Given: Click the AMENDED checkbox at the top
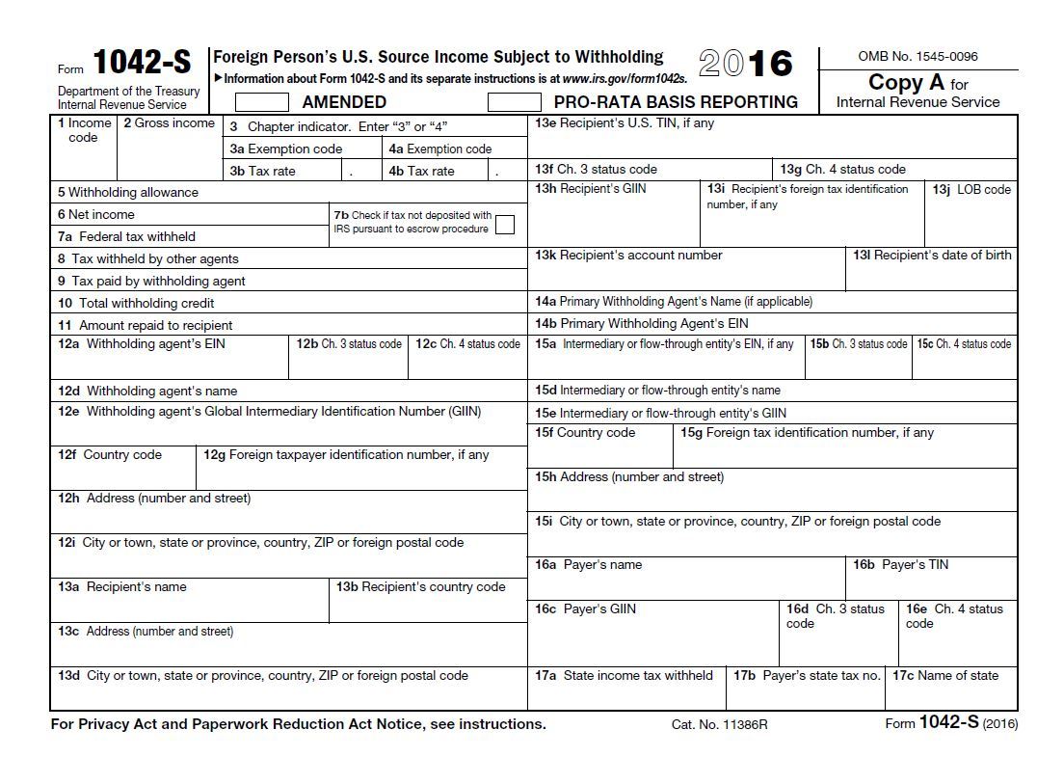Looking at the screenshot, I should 262,102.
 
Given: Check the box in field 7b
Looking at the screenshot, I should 504,225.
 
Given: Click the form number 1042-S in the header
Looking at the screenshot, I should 142,64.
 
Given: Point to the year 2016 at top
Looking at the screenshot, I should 746,64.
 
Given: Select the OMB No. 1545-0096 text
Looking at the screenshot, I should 917,57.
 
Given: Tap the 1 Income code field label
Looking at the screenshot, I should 84,130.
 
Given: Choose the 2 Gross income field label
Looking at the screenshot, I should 169,123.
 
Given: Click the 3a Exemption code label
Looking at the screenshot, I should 286,149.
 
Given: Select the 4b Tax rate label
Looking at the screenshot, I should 421,172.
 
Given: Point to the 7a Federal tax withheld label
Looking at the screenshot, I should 126,236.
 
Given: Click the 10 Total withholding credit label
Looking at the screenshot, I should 136,303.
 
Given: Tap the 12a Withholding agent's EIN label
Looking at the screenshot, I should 142,344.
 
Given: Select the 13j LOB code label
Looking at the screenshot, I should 971,190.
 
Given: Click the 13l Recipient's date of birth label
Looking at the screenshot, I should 932,256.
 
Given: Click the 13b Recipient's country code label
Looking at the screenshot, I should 420,587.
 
